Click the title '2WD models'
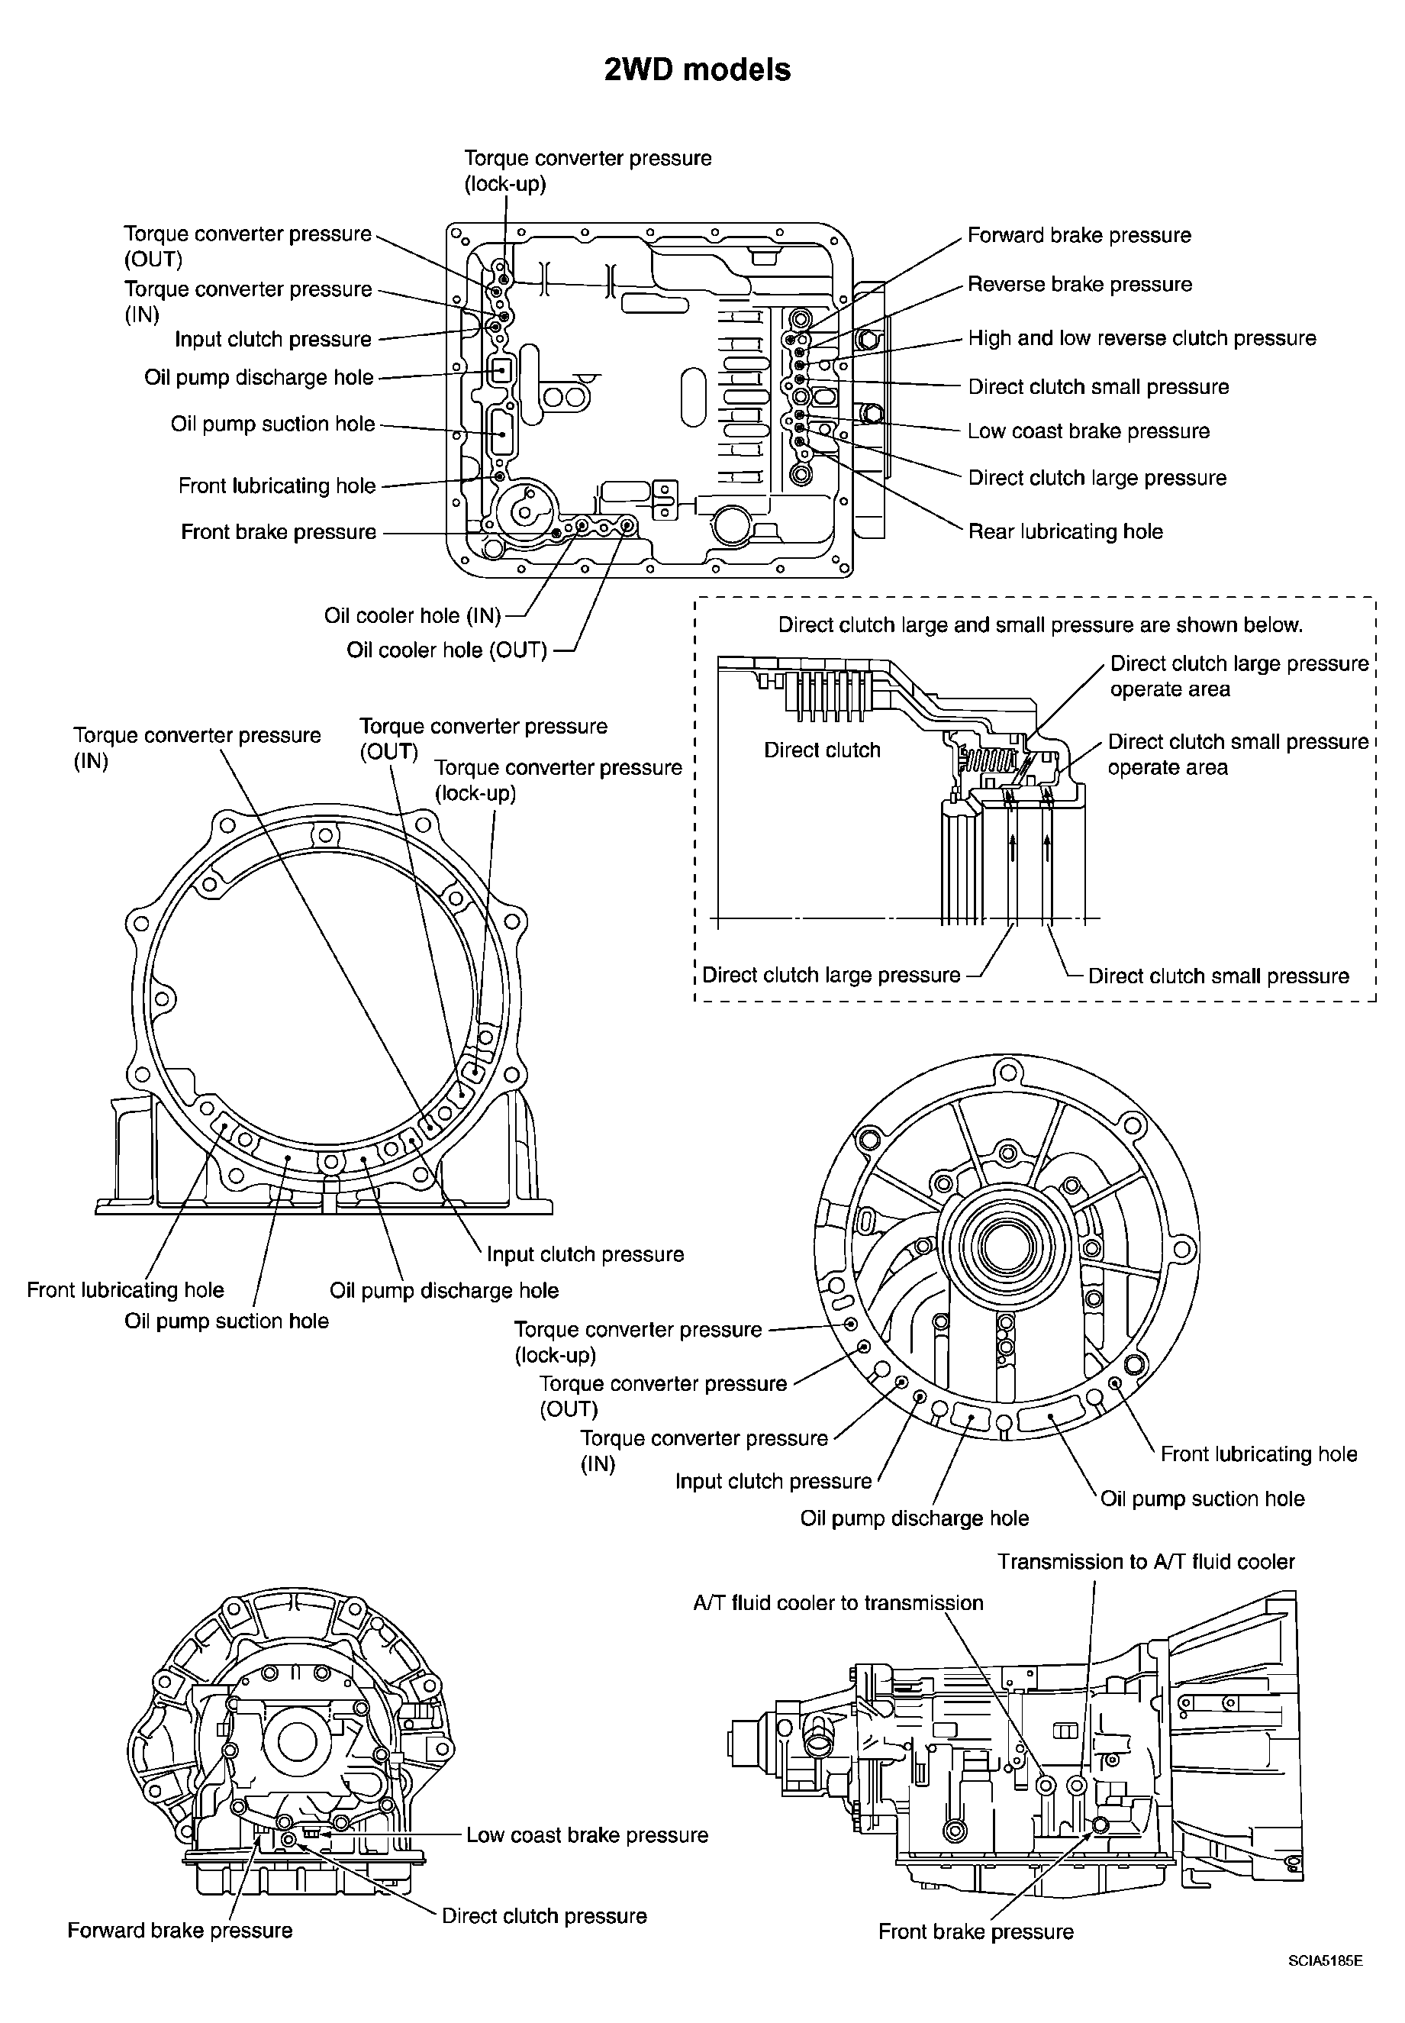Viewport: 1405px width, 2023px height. pyautogui.click(x=698, y=69)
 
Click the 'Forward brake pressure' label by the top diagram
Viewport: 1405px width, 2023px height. pyautogui.click(x=1079, y=235)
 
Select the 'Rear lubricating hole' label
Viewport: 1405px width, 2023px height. pyautogui.click(x=1065, y=532)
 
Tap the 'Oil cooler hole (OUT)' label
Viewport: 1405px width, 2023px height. pyautogui.click(x=446, y=650)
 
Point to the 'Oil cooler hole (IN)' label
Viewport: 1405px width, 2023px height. pyautogui.click(x=412, y=615)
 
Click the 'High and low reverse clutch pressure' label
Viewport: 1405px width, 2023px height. pyautogui.click(x=1142, y=338)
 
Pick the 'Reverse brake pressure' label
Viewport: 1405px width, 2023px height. pyautogui.click(x=1079, y=284)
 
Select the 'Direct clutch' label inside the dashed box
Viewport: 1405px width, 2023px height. pyautogui.click(x=822, y=750)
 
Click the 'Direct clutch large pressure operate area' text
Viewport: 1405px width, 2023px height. pyautogui.click(x=1239, y=676)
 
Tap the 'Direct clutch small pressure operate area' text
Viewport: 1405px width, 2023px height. pyautogui.click(x=1238, y=754)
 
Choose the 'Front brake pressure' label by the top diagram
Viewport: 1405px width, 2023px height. pyautogui.click(x=279, y=532)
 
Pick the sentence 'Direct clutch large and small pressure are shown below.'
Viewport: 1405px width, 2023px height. pyautogui.click(x=1040, y=626)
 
